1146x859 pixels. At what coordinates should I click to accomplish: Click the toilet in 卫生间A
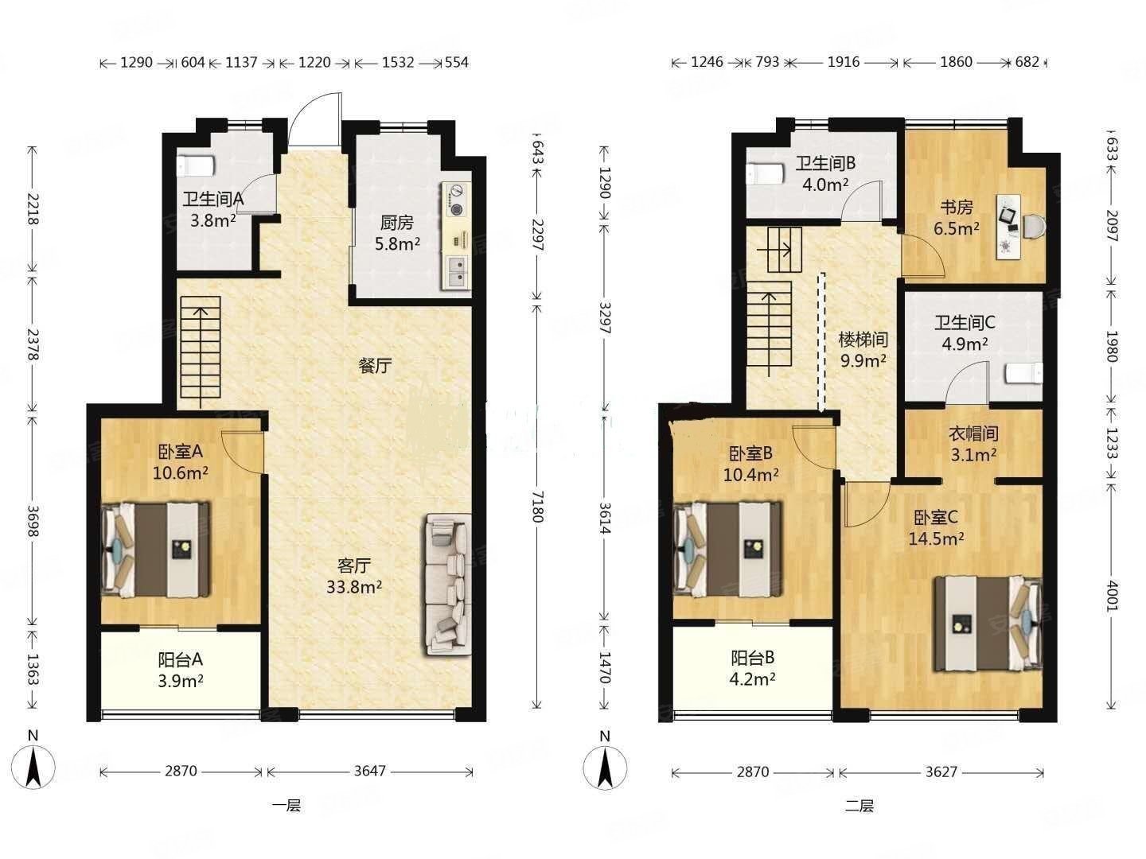(x=195, y=166)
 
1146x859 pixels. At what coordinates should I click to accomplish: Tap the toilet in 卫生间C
(x=1023, y=374)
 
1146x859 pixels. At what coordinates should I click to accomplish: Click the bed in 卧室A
(x=156, y=549)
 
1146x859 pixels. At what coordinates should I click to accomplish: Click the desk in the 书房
(x=1009, y=227)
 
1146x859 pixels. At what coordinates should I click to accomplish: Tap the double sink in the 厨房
(x=457, y=272)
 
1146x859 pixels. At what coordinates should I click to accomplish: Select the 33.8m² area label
(x=354, y=587)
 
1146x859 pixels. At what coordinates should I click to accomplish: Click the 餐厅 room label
(x=375, y=366)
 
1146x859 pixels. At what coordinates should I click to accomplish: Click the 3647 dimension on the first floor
(x=369, y=771)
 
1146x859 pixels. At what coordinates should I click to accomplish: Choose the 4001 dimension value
(x=1110, y=595)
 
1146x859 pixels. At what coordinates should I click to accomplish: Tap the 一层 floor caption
(x=286, y=806)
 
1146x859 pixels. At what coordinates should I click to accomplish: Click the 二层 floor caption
(x=859, y=806)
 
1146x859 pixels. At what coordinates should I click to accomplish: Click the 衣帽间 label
(x=973, y=433)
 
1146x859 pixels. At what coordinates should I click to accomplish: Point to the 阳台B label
(x=752, y=658)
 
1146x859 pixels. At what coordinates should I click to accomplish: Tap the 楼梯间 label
(x=863, y=340)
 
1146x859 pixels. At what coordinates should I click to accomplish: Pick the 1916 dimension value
(x=844, y=62)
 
